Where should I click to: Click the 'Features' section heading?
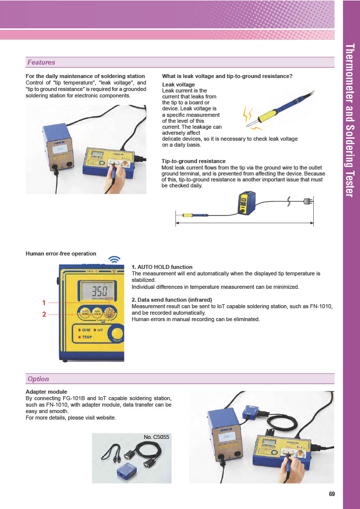pyautogui.click(x=41, y=63)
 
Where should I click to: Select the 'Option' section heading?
pyautogui.click(x=38, y=379)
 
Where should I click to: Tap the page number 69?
pyautogui.click(x=332, y=494)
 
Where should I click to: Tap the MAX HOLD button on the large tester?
pyautogui.click(x=97, y=313)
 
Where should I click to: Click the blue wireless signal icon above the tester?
pyautogui.click(x=115, y=259)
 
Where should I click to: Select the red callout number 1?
pyautogui.click(x=44, y=302)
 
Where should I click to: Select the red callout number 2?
pyautogui.click(x=44, y=314)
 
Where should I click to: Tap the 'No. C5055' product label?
pyautogui.click(x=157, y=437)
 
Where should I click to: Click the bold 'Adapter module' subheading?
pyautogui.click(x=46, y=392)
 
